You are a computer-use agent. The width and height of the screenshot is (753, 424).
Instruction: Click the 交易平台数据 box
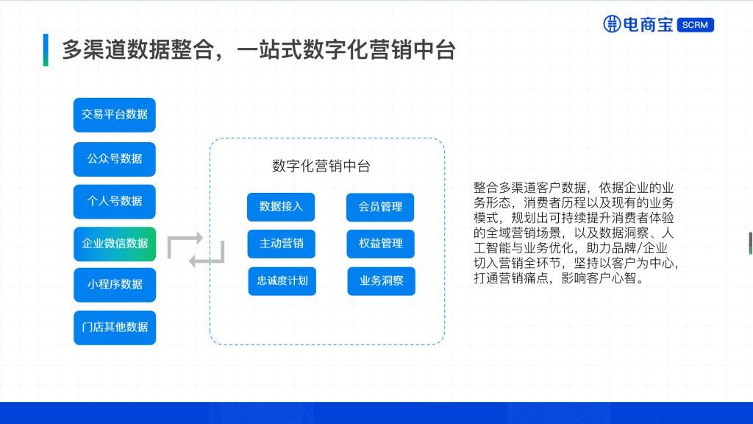coord(115,115)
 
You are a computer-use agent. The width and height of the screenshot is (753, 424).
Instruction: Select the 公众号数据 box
coord(115,159)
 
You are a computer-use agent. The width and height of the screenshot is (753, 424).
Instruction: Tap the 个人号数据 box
coord(115,201)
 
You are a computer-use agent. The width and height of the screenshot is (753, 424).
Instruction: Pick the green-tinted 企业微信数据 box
coord(115,244)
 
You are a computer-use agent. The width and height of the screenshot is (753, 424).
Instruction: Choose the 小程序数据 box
coord(115,284)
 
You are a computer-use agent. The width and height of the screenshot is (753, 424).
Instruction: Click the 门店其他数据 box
coord(115,327)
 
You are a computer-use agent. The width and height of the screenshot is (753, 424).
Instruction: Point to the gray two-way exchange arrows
coord(195,250)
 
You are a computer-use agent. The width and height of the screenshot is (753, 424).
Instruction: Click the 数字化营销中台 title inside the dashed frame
coord(321,166)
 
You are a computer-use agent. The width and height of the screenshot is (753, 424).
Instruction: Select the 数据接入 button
coord(281,207)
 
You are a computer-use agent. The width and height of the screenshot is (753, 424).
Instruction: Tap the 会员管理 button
coord(380,207)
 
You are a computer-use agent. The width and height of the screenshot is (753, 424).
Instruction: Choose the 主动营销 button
coord(281,244)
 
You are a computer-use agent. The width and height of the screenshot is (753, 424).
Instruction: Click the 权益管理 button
coord(380,244)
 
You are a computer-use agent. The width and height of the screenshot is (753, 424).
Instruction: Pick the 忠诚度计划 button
coord(282,281)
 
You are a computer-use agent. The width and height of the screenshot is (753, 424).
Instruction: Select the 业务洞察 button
coord(381,281)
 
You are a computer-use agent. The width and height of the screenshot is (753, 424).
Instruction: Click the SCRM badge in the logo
coord(695,25)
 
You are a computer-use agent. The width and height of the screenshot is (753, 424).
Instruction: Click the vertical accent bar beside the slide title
coord(46,49)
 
